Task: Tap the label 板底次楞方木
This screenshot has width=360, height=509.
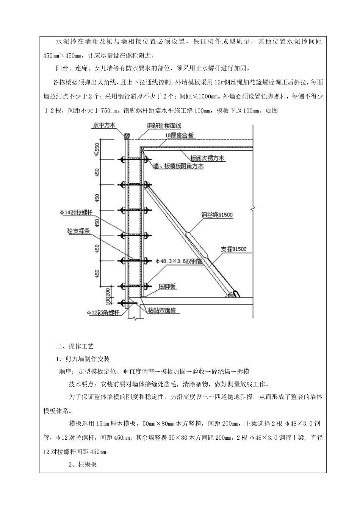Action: pos(207,158)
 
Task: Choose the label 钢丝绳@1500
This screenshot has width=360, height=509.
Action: pos(217,215)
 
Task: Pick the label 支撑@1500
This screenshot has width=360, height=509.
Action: pos(234,249)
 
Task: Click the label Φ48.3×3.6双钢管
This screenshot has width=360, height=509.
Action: pos(179,261)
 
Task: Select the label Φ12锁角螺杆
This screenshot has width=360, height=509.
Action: pos(103,313)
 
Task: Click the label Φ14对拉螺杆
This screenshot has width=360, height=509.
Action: pos(76,213)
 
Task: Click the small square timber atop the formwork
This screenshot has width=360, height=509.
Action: pos(127,135)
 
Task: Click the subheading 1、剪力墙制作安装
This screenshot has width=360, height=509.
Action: pos(83,359)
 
